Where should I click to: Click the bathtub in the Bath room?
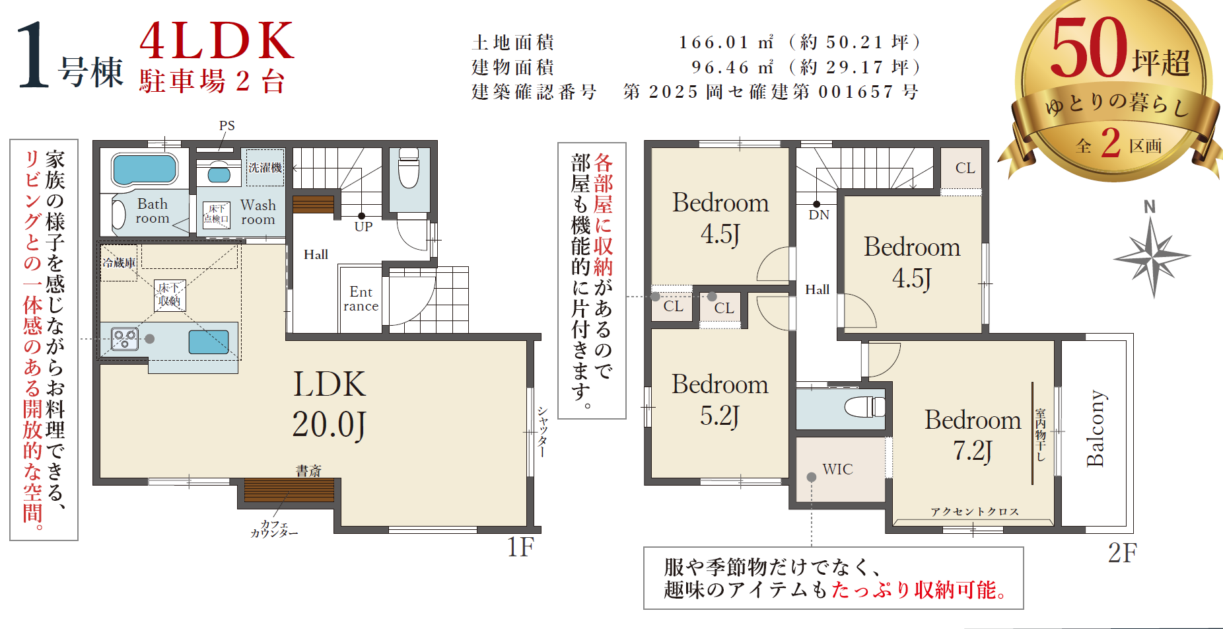coord(145,169)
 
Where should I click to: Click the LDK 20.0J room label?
coord(329,404)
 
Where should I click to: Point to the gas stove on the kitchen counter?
coord(125,339)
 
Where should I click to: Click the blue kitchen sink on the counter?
coord(209,342)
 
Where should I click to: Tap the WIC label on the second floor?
coord(837,469)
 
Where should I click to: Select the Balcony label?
coord(1096,428)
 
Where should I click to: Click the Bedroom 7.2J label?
coord(973,435)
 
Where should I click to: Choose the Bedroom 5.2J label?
coord(720,400)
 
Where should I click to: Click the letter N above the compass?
coord(1150,207)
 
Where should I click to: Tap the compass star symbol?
coord(1152,256)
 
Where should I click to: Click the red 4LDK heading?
coord(217,40)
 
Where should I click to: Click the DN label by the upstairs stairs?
coord(819,215)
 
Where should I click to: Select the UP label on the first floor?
coord(363,227)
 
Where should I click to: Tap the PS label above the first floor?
coord(227,126)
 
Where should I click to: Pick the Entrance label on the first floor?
coord(361,299)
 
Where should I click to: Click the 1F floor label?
coord(520,547)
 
